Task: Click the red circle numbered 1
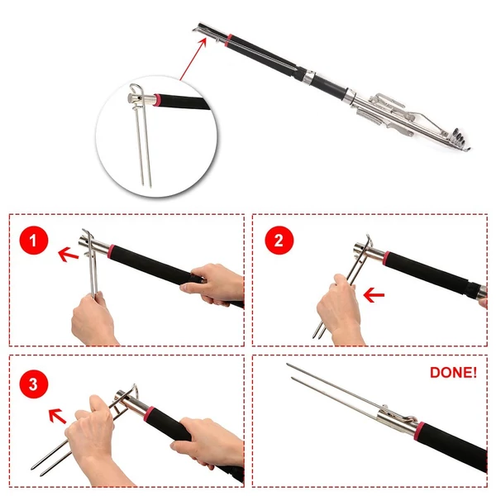[x=34, y=241]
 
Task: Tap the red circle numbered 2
[x=279, y=241]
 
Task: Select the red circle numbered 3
[x=34, y=384]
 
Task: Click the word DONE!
[x=453, y=373]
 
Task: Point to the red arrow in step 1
[x=69, y=255]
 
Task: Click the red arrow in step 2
[x=374, y=295]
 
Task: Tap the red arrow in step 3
[x=58, y=416]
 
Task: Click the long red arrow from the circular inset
[x=193, y=59]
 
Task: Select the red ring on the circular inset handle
[x=157, y=100]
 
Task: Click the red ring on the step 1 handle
[x=111, y=252]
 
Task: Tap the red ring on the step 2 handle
[x=387, y=259]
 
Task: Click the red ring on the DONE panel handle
[x=420, y=430]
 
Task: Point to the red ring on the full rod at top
[x=228, y=41]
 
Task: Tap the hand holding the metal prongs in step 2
[x=340, y=308]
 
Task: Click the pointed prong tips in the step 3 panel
[x=37, y=470]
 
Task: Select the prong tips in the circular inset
[x=146, y=184]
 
